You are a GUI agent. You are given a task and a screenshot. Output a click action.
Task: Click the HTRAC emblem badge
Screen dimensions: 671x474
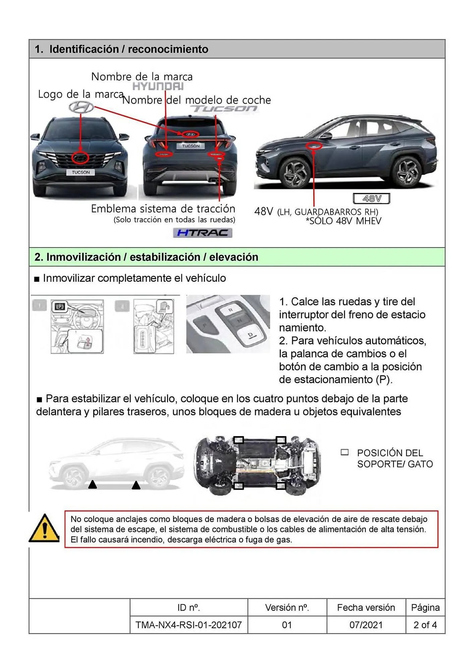coord(202,233)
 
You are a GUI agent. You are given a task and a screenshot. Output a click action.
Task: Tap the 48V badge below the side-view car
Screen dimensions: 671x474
coord(371,199)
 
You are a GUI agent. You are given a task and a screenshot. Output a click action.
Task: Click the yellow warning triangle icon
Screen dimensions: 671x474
coord(44,528)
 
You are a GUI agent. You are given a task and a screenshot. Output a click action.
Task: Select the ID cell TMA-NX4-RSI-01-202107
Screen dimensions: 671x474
coord(189,625)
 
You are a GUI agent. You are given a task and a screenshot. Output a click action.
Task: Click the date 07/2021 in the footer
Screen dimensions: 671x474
coord(366,625)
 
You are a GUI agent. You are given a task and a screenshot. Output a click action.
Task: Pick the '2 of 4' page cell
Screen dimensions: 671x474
coord(425,625)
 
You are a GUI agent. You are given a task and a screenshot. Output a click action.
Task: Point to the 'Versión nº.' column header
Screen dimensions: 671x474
coord(287,607)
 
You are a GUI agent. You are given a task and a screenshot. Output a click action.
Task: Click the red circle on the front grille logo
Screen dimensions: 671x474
coord(80,158)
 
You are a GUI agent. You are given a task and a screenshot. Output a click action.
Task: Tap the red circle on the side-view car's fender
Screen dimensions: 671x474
coord(314,146)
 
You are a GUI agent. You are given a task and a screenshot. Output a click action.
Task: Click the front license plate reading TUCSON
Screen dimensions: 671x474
coord(80,172)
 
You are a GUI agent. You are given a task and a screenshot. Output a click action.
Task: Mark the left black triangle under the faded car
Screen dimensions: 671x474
coord(93,484)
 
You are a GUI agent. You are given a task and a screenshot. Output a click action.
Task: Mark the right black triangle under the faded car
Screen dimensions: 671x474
coord(136,485)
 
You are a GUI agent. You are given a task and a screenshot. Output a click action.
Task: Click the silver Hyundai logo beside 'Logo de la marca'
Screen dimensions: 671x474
coord(81,107)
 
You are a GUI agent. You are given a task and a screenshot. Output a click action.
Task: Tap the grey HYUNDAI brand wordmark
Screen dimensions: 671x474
coord(158,87)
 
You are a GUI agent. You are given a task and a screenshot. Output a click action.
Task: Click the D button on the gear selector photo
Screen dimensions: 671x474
coord(250,335)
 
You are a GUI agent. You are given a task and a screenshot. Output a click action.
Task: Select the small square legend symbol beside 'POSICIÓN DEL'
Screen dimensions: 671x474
coord(344,452)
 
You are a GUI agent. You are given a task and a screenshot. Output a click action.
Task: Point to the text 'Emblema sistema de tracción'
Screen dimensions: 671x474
coord(163,209)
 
